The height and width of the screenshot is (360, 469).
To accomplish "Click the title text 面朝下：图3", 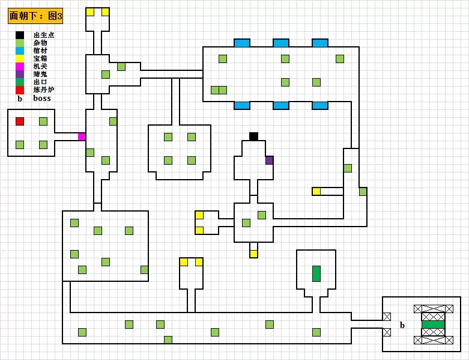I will point(36,16).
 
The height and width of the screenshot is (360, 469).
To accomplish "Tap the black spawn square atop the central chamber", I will point(253,136).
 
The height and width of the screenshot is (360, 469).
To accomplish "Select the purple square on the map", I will point(270,160).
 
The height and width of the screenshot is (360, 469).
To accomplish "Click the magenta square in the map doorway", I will point(82,136).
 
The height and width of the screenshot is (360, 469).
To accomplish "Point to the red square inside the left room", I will point(20,121).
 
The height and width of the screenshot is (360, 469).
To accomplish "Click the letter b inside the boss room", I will point(402,325).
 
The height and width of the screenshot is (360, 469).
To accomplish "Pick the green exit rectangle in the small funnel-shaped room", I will point(316,273).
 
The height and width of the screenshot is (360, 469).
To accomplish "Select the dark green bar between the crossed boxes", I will point(433,325).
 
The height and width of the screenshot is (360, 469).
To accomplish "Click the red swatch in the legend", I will point(20,90).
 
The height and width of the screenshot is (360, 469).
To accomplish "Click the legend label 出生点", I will point(44,35).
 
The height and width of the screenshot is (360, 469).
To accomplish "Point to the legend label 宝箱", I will point(40,59).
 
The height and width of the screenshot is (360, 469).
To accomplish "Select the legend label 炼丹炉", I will point(44,90).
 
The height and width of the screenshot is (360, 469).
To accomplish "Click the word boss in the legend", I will point(42,98).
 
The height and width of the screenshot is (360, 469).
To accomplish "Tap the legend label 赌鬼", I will point(40,75).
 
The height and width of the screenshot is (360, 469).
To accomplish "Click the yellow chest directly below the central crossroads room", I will point(253,254).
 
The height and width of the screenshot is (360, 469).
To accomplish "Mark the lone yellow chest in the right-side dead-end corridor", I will point(316,192).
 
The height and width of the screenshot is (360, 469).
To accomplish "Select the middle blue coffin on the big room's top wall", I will point(281,43).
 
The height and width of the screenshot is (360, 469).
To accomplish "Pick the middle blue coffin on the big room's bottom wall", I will point(281,106).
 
